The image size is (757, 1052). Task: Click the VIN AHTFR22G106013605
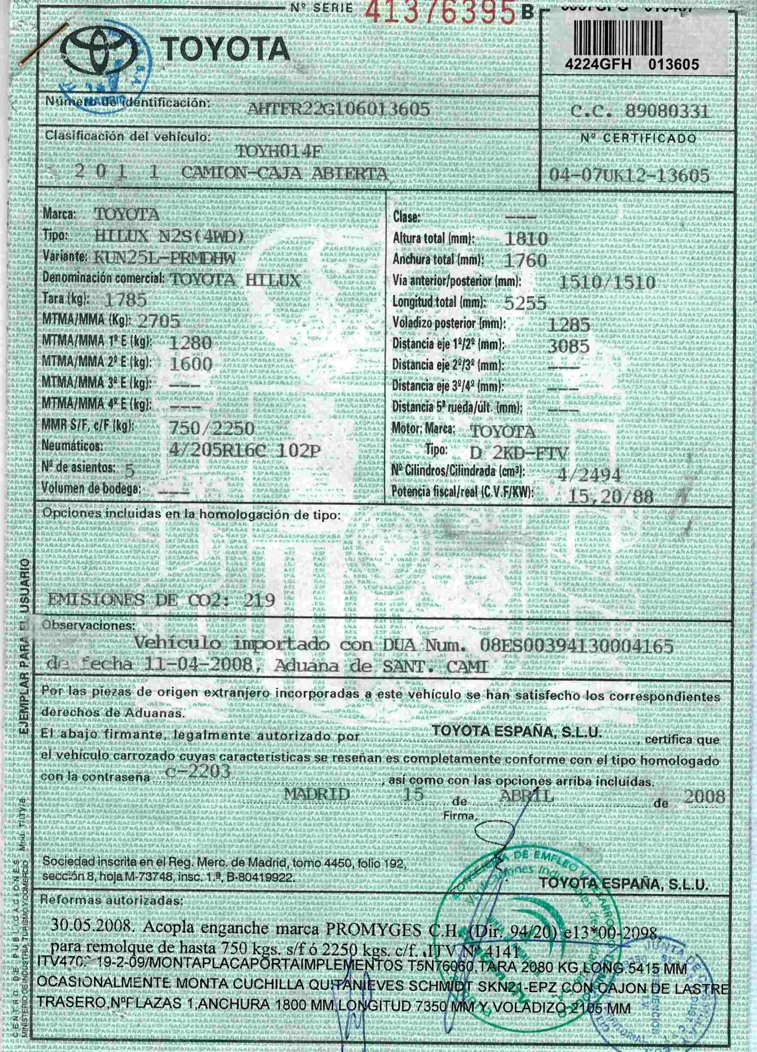pyautogui.click(x=338, y=109)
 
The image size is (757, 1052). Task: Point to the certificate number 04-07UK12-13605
pyautogui.click(x=629, y=175)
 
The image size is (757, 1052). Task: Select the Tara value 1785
pyautogui.click(x=126, y=300)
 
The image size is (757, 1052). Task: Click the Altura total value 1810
pyautogui.click(x=525, y=238)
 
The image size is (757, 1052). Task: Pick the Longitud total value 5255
pyautogui.click(x=525, y=303)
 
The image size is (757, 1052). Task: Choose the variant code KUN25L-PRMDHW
pyautogui.click(x=164, y=258)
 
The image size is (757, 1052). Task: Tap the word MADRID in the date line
pyautogui.click(x=317, y=794)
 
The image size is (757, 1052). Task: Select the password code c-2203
pyautogui.click(x=198, y=771)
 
